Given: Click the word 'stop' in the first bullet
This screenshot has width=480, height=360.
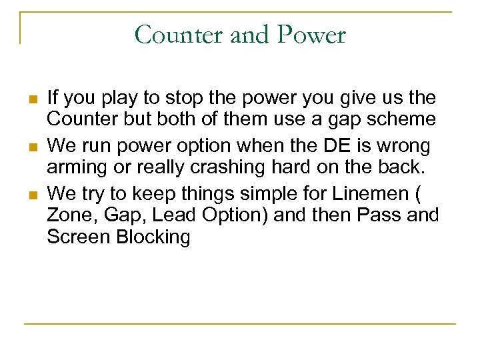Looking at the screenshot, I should (182, 98).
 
